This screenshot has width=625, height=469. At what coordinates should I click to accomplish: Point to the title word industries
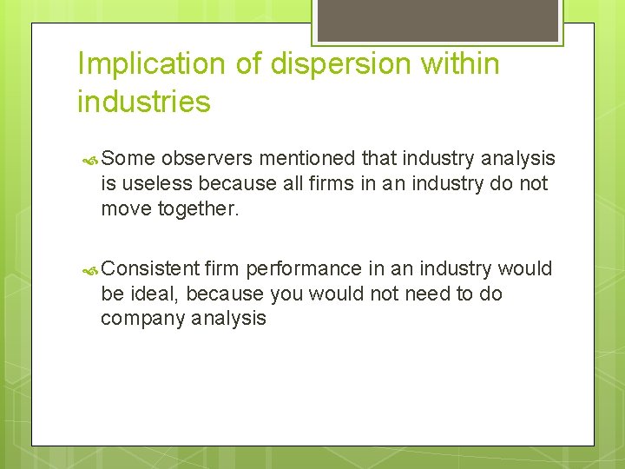[143, 102]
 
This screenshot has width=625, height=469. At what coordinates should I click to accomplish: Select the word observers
[207, 159]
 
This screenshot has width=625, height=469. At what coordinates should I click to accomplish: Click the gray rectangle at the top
[437, 20]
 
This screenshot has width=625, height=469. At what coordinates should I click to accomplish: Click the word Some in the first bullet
[128, 159]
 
